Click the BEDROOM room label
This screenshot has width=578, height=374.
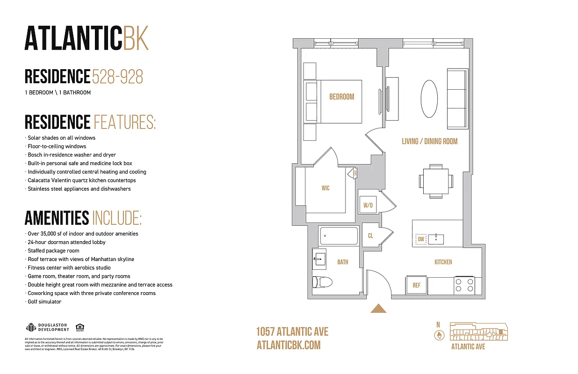pos(341,97)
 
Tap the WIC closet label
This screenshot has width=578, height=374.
pos(325,188)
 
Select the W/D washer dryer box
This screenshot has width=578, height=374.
pos(367,204)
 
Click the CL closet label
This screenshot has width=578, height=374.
pos(370,236)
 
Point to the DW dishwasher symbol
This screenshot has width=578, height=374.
pos(421,239)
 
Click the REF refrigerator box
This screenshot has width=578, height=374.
pos(416,285)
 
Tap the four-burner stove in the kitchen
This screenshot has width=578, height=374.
pos(464,285)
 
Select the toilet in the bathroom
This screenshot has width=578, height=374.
pos(322,282)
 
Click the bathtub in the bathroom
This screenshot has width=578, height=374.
pos(339,236)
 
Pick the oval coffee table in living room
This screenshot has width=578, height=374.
pos(429,99)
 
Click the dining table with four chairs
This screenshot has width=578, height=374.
pos(435,180)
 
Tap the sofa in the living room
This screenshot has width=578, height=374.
pos(457,98)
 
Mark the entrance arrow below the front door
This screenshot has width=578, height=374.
pos(378,309)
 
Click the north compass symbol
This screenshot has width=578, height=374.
pos(438,335)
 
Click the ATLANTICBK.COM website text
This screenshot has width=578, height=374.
pos(289,345)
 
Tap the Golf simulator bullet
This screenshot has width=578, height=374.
pos(44,302)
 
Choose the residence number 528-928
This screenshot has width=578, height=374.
pos(117,77)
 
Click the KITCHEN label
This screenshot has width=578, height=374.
pos(443,262)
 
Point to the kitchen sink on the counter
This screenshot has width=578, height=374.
pos(438,239)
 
